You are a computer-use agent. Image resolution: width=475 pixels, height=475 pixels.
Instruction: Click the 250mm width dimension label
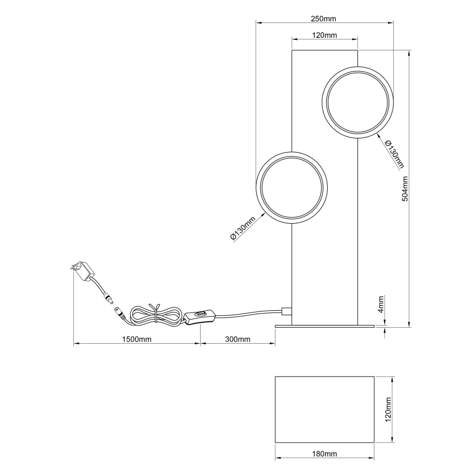323,19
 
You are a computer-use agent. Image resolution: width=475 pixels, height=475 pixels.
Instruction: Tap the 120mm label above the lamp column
325,35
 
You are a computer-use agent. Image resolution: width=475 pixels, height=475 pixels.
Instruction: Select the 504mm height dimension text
405,189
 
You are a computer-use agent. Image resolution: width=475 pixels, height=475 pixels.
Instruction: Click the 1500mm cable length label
137,339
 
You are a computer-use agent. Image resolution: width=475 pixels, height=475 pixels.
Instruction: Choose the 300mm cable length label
237,339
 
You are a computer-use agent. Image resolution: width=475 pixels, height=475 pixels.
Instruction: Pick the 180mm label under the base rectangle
325,454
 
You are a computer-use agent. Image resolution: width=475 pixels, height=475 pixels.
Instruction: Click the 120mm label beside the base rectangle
389,409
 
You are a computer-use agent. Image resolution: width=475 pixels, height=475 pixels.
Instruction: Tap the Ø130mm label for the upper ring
394,154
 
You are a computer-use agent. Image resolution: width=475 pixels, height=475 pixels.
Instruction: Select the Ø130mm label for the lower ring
243,229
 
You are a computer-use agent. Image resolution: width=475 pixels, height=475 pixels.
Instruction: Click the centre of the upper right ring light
358,101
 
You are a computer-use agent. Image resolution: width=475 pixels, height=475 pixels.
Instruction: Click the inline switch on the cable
200,316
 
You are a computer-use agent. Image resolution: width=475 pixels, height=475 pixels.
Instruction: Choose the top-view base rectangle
325,409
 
